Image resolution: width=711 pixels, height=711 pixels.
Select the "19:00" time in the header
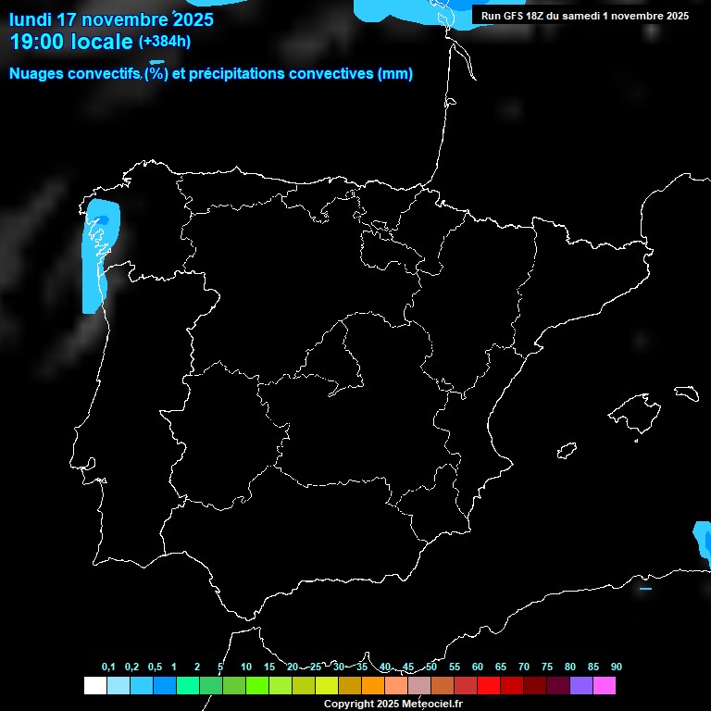(37, 42)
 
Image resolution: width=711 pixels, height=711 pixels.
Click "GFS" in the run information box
(518, 16)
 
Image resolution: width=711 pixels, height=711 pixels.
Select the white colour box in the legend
(94, 686)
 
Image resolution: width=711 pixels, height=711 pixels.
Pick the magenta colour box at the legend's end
(605, 686)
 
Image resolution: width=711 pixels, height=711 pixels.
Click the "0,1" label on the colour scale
(108, 667)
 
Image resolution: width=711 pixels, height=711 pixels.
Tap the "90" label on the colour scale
(617, 667)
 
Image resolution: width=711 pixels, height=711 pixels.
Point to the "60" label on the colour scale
(478, 667)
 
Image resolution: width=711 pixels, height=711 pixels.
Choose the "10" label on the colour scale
(246, 667)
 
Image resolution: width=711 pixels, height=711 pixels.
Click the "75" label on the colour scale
(547, 667)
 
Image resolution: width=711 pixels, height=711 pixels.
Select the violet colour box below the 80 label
(581, 686)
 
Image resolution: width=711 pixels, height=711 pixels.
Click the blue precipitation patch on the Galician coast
(97, 255)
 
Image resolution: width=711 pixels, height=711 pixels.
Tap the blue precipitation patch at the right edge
(703, 542)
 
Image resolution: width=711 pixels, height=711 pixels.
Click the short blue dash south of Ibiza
(645, 588)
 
